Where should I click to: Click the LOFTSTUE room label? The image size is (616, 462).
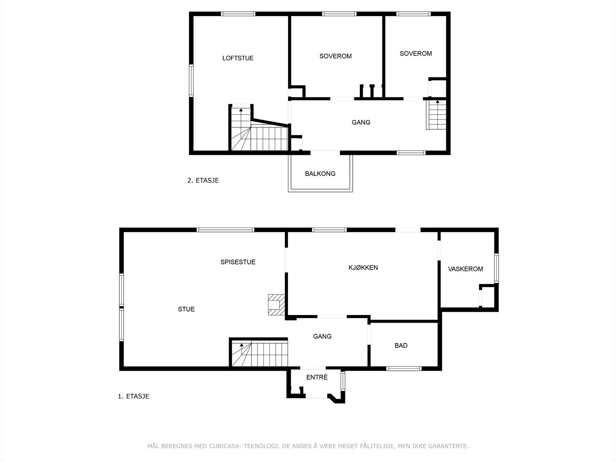(238, 58)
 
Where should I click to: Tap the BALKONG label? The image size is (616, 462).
(320, 174)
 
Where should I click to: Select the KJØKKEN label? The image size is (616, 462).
(363, 268)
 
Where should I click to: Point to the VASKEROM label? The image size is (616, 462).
(465, 269)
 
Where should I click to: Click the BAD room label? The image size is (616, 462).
(401, 346)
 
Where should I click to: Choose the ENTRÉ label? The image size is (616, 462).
(317, 377)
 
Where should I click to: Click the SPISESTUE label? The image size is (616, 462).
(238, 262)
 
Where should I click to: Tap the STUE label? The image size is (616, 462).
(186, 309)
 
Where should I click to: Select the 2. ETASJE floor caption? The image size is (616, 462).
(203, 180)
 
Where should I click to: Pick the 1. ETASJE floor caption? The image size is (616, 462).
(133, 396)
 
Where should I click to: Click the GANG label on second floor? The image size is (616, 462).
(361, 122)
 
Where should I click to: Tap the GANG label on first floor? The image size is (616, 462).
(322, 336)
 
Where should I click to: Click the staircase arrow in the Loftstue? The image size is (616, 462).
(241, 110)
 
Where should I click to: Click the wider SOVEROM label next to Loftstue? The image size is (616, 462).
(335, 56)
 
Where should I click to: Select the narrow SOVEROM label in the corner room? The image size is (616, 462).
(415, 54)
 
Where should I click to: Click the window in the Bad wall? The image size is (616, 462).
(404, 368)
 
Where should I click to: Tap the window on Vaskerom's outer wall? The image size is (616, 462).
(496, 268)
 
